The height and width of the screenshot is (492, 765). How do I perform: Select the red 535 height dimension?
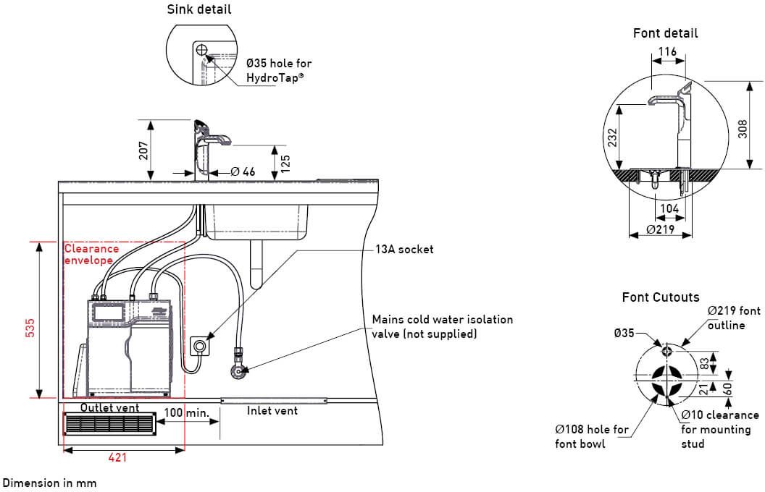click(x=30, y=328)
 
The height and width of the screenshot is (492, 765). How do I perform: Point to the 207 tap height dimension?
click(x=143, y=150)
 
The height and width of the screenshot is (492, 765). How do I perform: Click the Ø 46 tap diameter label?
click(x=243, y=172)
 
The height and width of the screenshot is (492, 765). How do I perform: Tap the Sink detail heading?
click(x=200, y=9)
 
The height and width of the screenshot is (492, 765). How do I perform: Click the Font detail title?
click(x=665, y=33)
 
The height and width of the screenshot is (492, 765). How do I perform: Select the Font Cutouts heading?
click(x=661, y=297)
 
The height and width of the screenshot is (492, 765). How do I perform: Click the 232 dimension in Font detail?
click(x=612, y=139)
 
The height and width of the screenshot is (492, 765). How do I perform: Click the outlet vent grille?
click(x=109, y=423)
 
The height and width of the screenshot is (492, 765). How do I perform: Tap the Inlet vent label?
click(x=272, y=411)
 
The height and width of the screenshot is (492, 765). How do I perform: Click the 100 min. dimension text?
click(x=185, y=412)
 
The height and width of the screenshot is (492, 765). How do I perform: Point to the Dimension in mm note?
click(x=49, y=482)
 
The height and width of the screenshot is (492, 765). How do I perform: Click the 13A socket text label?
click(x=404, y=250)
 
